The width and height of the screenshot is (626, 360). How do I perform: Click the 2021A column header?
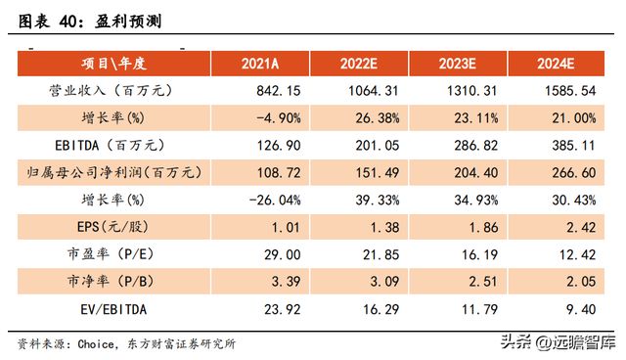point(260,65)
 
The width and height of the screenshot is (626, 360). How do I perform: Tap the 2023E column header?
point(461,65)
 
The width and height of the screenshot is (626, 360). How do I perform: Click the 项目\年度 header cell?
point(113,65)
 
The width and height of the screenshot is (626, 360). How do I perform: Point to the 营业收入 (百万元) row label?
point(113,91)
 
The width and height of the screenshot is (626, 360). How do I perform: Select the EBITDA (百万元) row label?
point(113,145)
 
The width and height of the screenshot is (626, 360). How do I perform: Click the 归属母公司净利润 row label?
point(113,172)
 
